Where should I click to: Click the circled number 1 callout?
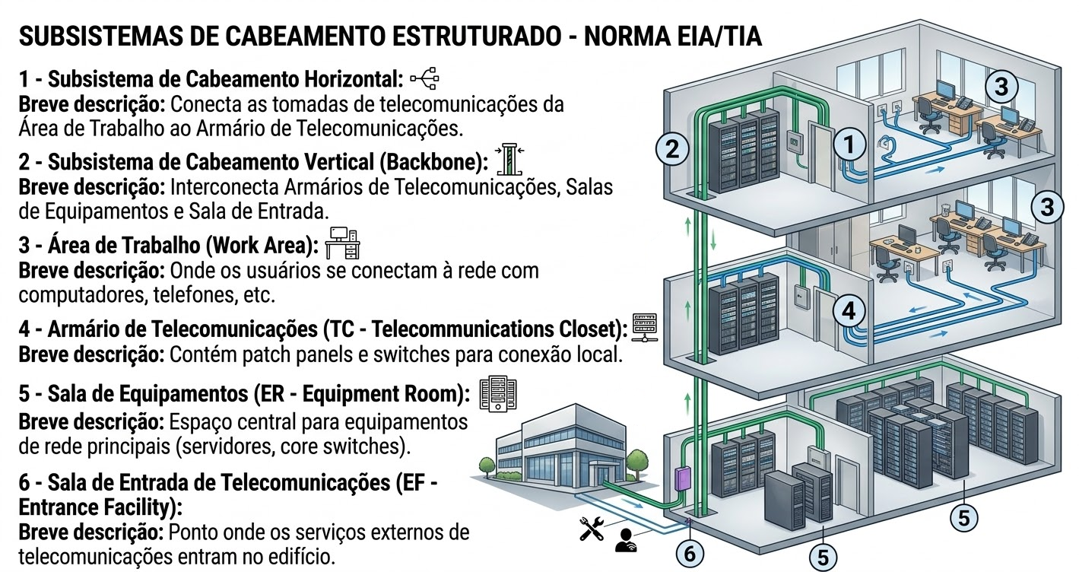(x=849, y=142)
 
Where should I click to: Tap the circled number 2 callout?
(x=671, y=148)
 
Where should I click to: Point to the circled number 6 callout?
(x=690, y=554)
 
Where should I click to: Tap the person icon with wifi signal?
(x=625, y=539)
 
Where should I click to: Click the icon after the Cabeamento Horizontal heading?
(x=424, y=78)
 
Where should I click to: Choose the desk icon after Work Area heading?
(x=343, y=243)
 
